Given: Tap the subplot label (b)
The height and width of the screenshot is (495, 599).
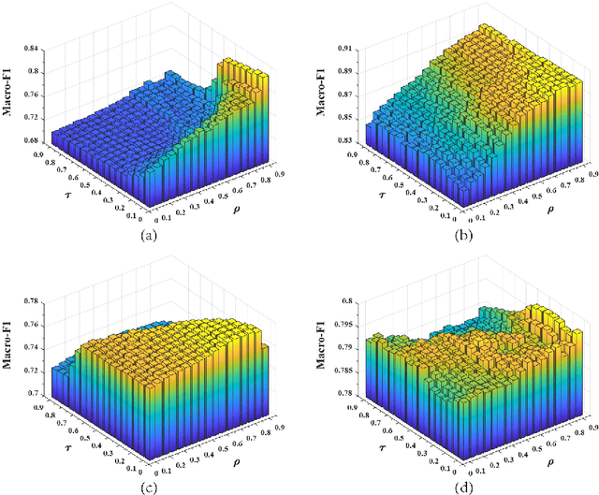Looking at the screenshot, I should click(x=463, y=236).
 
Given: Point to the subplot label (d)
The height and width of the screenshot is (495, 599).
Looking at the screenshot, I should click(x=463, y=486).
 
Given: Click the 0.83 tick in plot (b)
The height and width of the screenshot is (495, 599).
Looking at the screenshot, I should click(x=345, y=138).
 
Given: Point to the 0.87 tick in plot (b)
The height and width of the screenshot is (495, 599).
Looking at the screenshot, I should click(x=345, y=94).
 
